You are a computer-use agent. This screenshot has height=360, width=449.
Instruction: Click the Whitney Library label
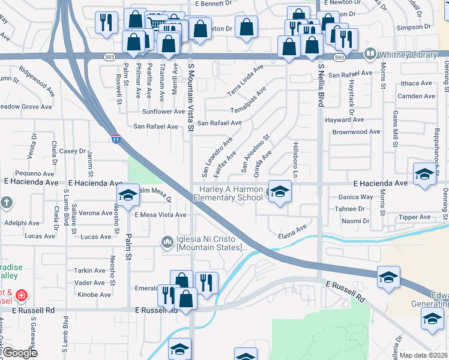pyautogui.click(x=408, y=55)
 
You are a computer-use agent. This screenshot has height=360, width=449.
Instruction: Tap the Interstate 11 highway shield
pyautogui.click(x=115, y=139)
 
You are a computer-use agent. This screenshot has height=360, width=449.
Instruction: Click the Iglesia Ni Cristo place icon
pyautogui.click(x=167, y=242)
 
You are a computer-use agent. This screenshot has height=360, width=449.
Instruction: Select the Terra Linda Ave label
pyautogui.click(x=246, y=82)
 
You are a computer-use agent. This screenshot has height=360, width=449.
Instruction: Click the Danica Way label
pyautogui.click(x=355, y=197)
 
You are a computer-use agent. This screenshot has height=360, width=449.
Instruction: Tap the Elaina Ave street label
pyautogui.click(x=292, y=231)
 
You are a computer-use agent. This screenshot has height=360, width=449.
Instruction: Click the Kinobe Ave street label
pyautogui.click(x=95, y=295)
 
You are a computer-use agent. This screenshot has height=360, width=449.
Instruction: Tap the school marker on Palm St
pyautogui.click(x=127, y=195)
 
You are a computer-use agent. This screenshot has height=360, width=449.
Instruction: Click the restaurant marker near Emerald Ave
pyautogui.click(x=206, y=283)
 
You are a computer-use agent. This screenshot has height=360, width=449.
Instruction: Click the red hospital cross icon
pyautogui.click(x=22, y=296)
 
